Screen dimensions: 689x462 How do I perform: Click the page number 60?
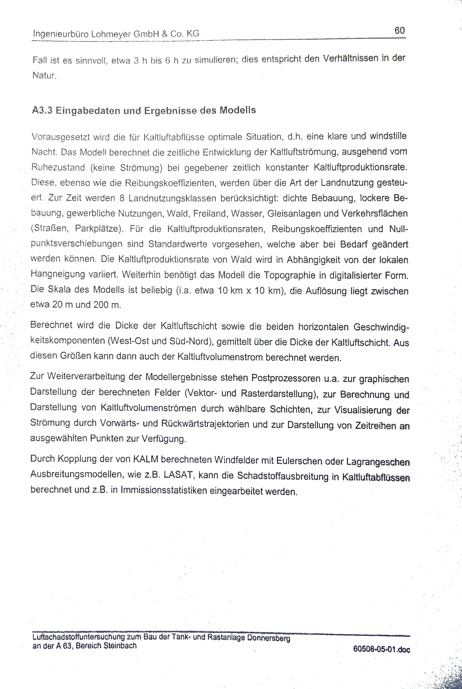tap(399, 30)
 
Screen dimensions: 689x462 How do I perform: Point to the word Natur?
tap(43, 75)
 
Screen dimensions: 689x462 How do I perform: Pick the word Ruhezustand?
tap(58, 167)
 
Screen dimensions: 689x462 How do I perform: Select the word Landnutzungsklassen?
tap(172, 198)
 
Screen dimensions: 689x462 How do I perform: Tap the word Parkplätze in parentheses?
tap(99, 229)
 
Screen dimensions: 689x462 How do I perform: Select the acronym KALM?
tap(146, 460)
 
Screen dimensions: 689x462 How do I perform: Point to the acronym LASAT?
tap(178, 475)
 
